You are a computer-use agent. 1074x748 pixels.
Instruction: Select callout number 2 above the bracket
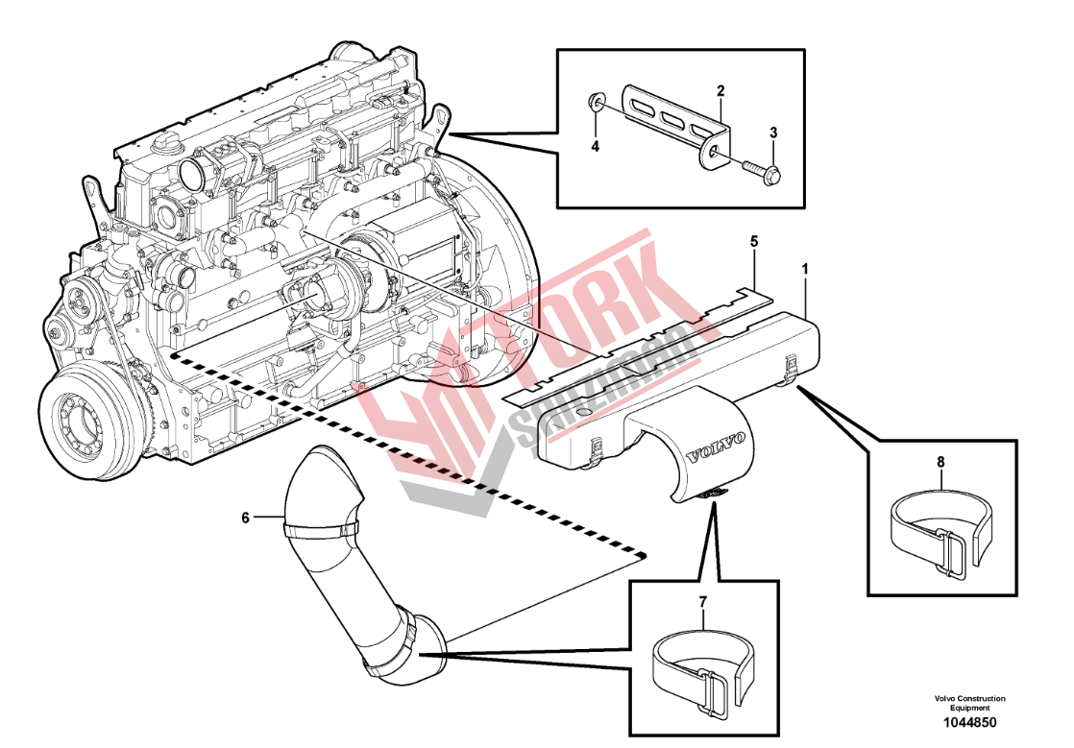click(719, 91)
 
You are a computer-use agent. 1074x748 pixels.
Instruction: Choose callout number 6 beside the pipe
click(246, 518)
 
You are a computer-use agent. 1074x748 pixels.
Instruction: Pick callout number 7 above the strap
click(702, 602)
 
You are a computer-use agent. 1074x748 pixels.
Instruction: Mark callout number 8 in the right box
click(940, 461)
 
